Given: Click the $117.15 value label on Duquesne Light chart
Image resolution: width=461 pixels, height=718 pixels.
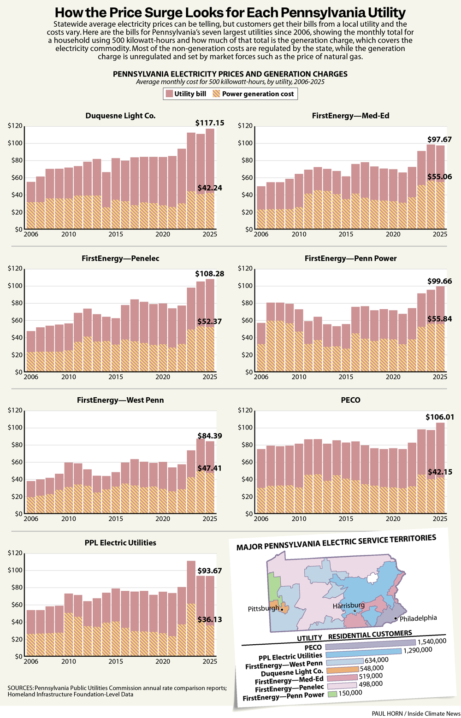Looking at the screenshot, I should click(x=210, y=123).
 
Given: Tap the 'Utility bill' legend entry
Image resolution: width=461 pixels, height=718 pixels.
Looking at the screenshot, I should click(x=186, y=94).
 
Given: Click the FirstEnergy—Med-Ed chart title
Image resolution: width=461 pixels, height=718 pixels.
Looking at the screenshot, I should click(x=350, y=116).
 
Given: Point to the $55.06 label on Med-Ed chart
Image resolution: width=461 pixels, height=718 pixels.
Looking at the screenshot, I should click(x=439, y=177).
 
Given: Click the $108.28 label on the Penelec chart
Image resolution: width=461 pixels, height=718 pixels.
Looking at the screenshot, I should click(x=210, y=274).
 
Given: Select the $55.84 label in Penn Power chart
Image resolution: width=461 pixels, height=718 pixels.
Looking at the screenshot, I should click(x=439, y=319).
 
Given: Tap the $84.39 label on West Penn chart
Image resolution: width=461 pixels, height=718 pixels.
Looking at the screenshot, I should click(x=210, y=436).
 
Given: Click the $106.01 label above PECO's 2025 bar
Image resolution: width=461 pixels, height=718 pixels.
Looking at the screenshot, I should click(x=439, y=417).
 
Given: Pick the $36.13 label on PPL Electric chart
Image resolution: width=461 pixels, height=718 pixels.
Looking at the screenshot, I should click(x=210, y=619).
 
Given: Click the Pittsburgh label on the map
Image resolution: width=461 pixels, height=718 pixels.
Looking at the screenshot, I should click(x=263, y=608).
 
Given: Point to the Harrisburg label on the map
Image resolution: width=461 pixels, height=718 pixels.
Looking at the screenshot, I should click(x=349, y=605).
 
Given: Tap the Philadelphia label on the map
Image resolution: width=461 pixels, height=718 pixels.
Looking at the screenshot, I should click(x=418, y=618).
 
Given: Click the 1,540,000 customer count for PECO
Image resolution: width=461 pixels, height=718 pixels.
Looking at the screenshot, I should click(x=432, y=641).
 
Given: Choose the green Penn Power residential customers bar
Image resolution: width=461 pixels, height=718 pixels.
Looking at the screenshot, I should click(x=332, y=694).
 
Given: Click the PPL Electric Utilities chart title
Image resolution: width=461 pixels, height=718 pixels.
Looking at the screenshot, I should click(x=120, y=543).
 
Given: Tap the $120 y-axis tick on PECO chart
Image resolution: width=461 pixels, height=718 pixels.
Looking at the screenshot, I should click(x=245, y=410).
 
